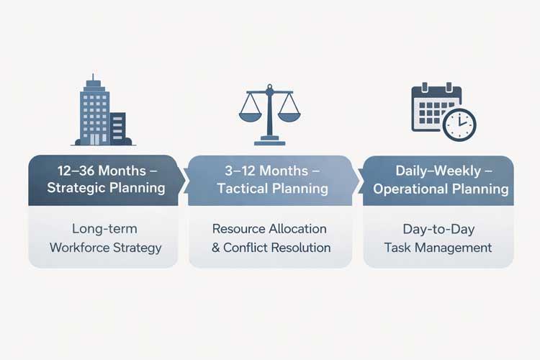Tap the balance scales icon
tap(269, 112)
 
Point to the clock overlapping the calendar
tap(459, 124)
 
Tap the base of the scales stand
tap(269, 141)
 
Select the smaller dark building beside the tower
tap(117, 128)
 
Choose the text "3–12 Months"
tap(270, 171)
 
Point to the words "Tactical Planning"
tap(270, 189)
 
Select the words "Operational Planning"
tap(438, 189)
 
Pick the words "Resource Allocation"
tap(269, 229)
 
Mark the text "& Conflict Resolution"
tap(271, 248)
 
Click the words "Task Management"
tap(438, 248)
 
